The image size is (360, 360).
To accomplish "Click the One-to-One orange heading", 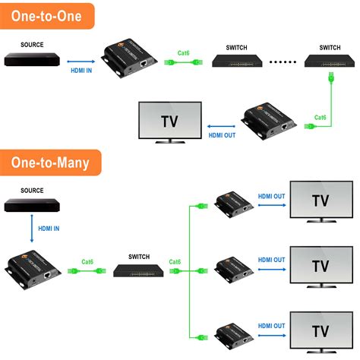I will point(47,15).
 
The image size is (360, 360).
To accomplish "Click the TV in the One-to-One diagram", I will point(169,121).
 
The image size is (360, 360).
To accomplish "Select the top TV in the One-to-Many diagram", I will point(321,201).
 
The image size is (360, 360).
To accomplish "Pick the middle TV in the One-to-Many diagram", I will point(321,266).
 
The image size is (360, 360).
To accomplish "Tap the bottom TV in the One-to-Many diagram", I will point(321,330).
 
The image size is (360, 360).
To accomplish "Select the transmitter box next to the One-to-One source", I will point(128,58).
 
